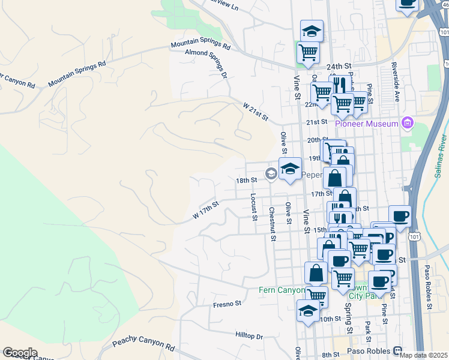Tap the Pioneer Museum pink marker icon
tap(408, 124)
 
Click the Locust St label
tap(255, 205)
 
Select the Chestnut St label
tap(272, 224)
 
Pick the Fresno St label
tap(227, 304)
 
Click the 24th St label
tap(339, 67)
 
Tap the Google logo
tap(19, 353)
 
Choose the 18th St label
tap(246, 180)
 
